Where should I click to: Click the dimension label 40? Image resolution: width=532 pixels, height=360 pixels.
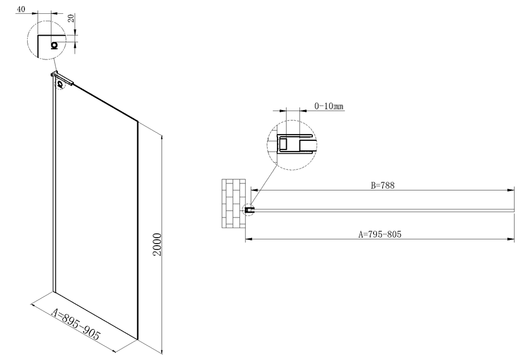(x=21, y=9)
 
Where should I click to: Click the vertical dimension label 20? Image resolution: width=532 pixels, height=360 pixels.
(x=71, y=18)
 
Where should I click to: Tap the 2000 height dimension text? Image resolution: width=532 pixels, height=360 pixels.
(x=157, y=245)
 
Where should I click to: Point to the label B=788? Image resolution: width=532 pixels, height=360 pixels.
(x=383, y=186)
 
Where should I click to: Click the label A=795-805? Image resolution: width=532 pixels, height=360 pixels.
(x=380, y=234)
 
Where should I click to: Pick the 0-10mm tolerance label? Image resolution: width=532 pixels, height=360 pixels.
(x=329, y=106)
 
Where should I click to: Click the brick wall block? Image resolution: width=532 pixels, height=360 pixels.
(x=234, y=204)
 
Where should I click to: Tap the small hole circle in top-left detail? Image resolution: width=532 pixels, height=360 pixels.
(x=54, y=45)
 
